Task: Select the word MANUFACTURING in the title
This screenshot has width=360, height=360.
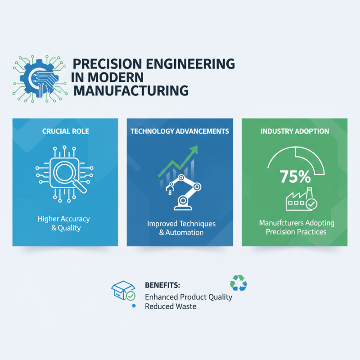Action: [x=130, y=90]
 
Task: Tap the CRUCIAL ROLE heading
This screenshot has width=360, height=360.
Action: [x=65, y=131]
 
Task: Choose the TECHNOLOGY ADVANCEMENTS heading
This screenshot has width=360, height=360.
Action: [x=180, y=131]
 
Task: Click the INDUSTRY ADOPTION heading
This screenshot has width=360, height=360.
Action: [x=294, y=131]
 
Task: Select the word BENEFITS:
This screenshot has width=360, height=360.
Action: [x=162, y=285]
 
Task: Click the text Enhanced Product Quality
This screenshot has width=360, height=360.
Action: [x=189, y=297]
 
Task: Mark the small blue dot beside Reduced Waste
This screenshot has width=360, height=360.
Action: [x=133, y=306]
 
